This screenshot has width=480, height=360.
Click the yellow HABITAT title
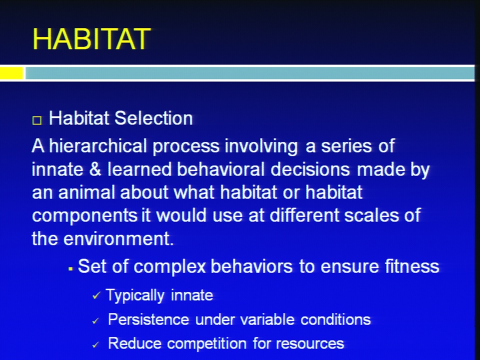click(x=91, y=39)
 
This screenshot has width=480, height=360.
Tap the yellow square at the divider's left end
click(x=11, y=73)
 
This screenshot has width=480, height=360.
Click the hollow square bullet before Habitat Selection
click(x=36, y=120)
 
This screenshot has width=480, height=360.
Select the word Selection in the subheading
click(x=153, y=118)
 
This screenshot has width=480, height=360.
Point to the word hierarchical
click(x=98, y=145)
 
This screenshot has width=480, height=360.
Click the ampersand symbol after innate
click(x=95, y=169)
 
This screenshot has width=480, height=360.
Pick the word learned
click(x=139, y=169)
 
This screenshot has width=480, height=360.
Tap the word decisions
click(x=310, y=169)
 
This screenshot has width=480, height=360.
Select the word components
click(x=84, y=216)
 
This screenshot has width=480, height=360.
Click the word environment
click(x=118, y=239)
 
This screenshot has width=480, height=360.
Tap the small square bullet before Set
click(x=70, y=269)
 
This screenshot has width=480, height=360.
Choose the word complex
click(x=169, y=267)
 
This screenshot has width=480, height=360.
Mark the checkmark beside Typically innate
click(x=96, y=295)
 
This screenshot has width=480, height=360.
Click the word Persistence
click(x=148, y=319)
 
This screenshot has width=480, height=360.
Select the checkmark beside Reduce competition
click(x=96, y=344)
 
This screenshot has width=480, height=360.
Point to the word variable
click(x=267, y=319)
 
